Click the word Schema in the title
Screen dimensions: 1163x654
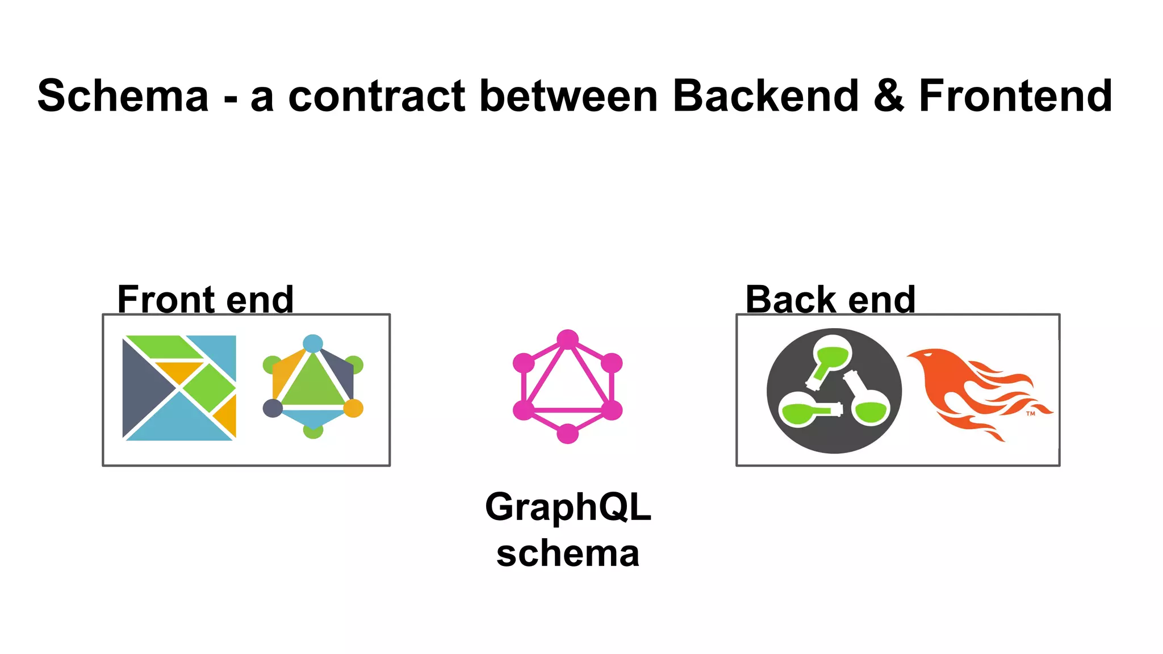(123, 96)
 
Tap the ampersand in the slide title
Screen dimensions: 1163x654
(889, 96)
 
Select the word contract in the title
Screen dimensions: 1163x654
(377, 96)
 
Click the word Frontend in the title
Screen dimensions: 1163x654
(1015, 96)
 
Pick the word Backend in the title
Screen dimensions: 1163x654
(765, 96)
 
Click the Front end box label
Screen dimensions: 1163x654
(205, 299)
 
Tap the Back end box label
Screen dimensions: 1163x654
(830, 299)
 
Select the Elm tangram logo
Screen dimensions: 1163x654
(179, 388)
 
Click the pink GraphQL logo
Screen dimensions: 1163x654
(567, 386)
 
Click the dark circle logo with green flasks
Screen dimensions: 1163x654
(834, 391)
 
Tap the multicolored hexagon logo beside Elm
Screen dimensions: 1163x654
(313, 386)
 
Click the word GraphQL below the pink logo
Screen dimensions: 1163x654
(567, 506)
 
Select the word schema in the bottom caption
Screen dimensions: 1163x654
(567, 554)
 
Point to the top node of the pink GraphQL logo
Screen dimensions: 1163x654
(567, 339)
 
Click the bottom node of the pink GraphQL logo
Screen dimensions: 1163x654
(567, 434)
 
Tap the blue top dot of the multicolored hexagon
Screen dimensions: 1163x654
(313, 343)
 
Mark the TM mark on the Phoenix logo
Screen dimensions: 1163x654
(1031, 413)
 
